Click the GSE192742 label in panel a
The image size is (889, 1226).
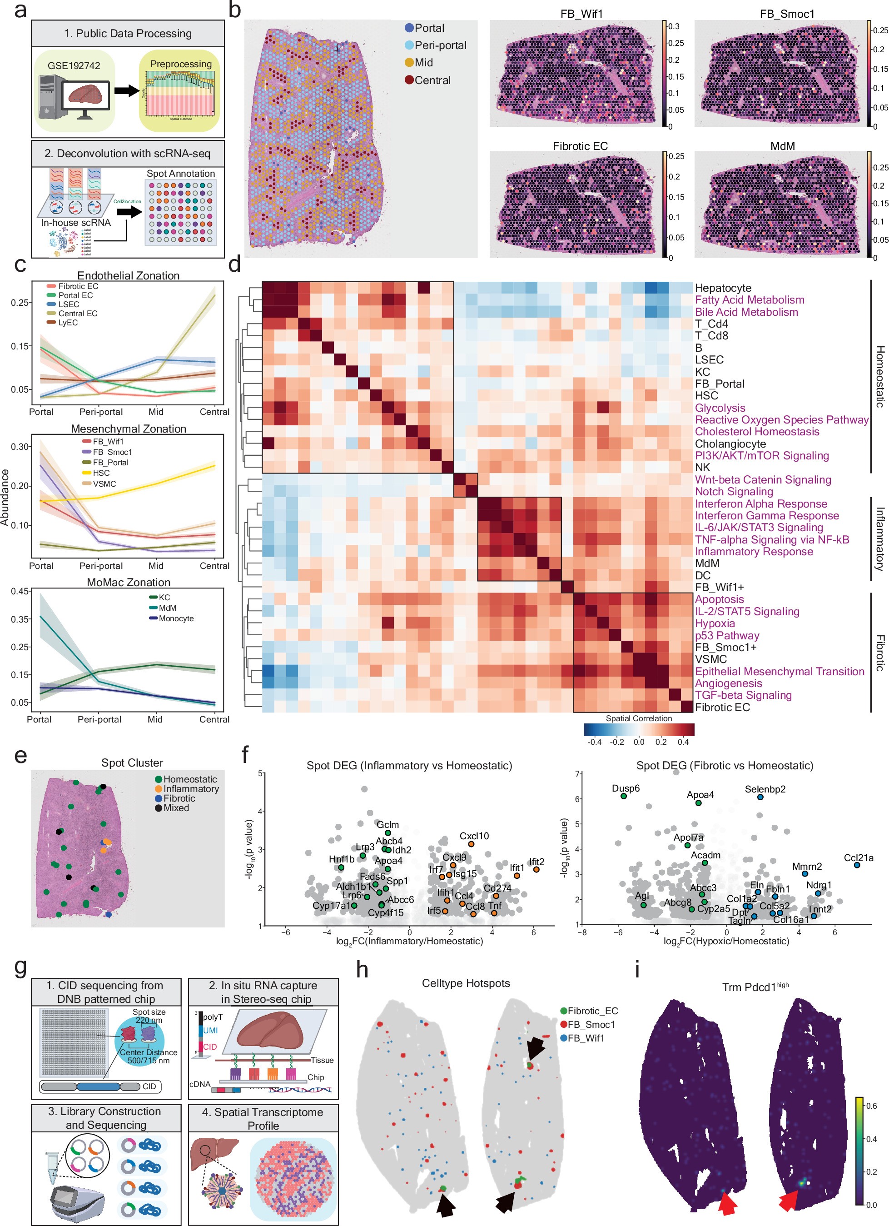tap(74, 65)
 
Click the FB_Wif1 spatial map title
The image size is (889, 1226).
tap(581, 14)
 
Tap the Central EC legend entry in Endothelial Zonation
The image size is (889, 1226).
tap(78, 314)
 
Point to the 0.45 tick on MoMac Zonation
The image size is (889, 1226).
tap(20, 591)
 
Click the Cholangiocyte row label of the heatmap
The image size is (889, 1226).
tap(730, 444)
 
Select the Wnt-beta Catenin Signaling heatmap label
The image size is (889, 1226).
tap(763, 479)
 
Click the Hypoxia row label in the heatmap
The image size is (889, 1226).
tap(715, 623)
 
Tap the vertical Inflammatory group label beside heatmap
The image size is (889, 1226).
tap(879, 539)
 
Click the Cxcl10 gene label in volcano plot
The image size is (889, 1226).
tap(474, 836)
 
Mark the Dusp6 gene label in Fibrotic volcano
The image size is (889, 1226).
tap(625, 788)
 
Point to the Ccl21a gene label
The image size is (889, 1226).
tap(858, 858)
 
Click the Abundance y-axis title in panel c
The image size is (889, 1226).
tap(5, 497)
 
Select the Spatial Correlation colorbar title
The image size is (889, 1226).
tap(638, 718)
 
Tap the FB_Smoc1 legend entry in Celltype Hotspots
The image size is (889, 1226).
tap(591, 1024)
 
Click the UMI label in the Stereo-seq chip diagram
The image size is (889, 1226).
tap(210, 1030)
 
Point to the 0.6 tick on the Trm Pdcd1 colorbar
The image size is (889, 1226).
tap(871, 1106)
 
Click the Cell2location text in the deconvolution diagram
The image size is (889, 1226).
tap(127, 201)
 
